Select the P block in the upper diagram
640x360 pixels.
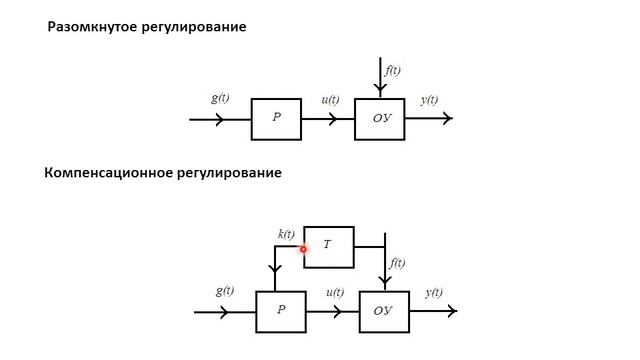tap(275, 119)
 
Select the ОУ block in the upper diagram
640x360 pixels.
tap(380, 119)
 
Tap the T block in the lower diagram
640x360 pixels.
tap(328, 246)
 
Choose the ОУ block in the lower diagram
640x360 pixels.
tap(384, 312)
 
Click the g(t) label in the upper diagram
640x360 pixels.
tap(221, 99)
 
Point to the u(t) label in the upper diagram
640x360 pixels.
tap(330, 100)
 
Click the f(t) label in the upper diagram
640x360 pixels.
tap(392, 70)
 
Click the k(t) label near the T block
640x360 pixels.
tap(286, 234)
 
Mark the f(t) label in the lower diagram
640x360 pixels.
tap(397, 263)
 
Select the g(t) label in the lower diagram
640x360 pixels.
tap(224, 291)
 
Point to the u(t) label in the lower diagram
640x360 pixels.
tap(335, 292)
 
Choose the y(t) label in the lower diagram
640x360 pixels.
tap(434, 292)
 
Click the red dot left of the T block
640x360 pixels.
tap(302, 248)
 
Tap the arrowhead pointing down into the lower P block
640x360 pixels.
tap(275, 285)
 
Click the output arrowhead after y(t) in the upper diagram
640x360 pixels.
tap(447, 119)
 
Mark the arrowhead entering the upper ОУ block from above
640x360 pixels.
tap(380, 92)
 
